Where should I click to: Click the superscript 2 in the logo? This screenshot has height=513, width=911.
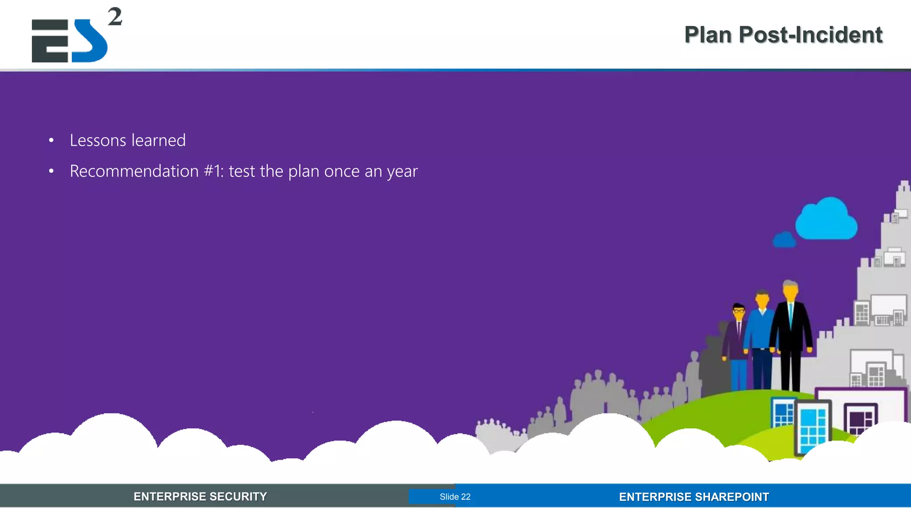115,17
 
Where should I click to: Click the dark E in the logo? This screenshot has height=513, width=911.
50,41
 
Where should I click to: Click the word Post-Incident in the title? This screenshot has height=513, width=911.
810,35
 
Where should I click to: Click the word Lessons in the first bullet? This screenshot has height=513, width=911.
98,140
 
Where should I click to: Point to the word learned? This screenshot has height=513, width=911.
158,140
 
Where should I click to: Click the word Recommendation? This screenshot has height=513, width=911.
134,171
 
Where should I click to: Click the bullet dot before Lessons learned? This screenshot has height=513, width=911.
51,141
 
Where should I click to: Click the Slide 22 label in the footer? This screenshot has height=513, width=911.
455,497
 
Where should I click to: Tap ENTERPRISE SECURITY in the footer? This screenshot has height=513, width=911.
200,497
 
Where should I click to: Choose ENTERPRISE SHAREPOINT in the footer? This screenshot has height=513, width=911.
693,497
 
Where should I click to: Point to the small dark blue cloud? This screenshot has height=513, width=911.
784,240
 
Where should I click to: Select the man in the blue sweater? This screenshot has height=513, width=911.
762,334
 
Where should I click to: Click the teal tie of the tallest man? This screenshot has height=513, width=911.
790,313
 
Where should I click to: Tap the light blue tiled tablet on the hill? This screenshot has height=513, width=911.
812,427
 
